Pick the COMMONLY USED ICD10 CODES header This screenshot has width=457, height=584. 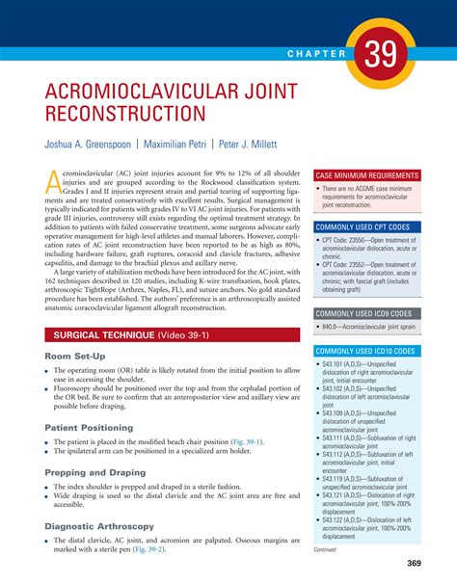coord(369,351)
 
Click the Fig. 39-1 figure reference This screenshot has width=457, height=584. coord(245,441)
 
